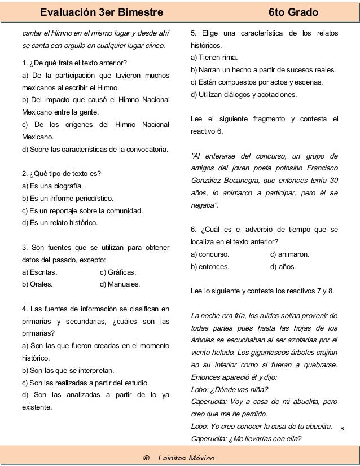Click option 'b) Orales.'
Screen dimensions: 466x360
coord(37,284)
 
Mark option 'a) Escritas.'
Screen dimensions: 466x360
coord(39,272)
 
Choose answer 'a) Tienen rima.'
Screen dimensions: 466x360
coord(214,58)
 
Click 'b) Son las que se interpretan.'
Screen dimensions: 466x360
coord(67,371)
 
